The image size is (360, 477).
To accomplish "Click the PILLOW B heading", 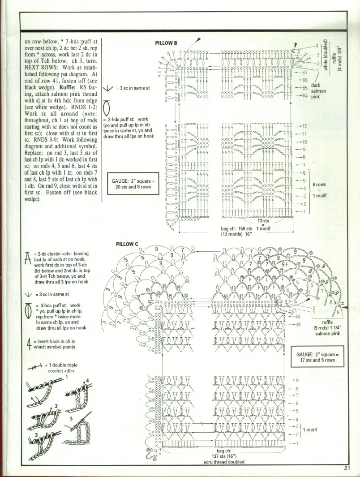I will (166, 43).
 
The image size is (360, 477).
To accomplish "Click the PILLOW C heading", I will (127, 244).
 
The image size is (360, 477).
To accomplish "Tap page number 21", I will (347, 468).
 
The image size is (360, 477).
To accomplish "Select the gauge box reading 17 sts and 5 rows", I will (317, 357).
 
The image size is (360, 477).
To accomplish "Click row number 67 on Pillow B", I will (305, 72).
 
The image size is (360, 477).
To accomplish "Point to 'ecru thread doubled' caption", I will (223, 462).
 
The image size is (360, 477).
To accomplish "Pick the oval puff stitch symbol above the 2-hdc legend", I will (106, 109).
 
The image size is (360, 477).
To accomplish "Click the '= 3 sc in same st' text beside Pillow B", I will (133, 88).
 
